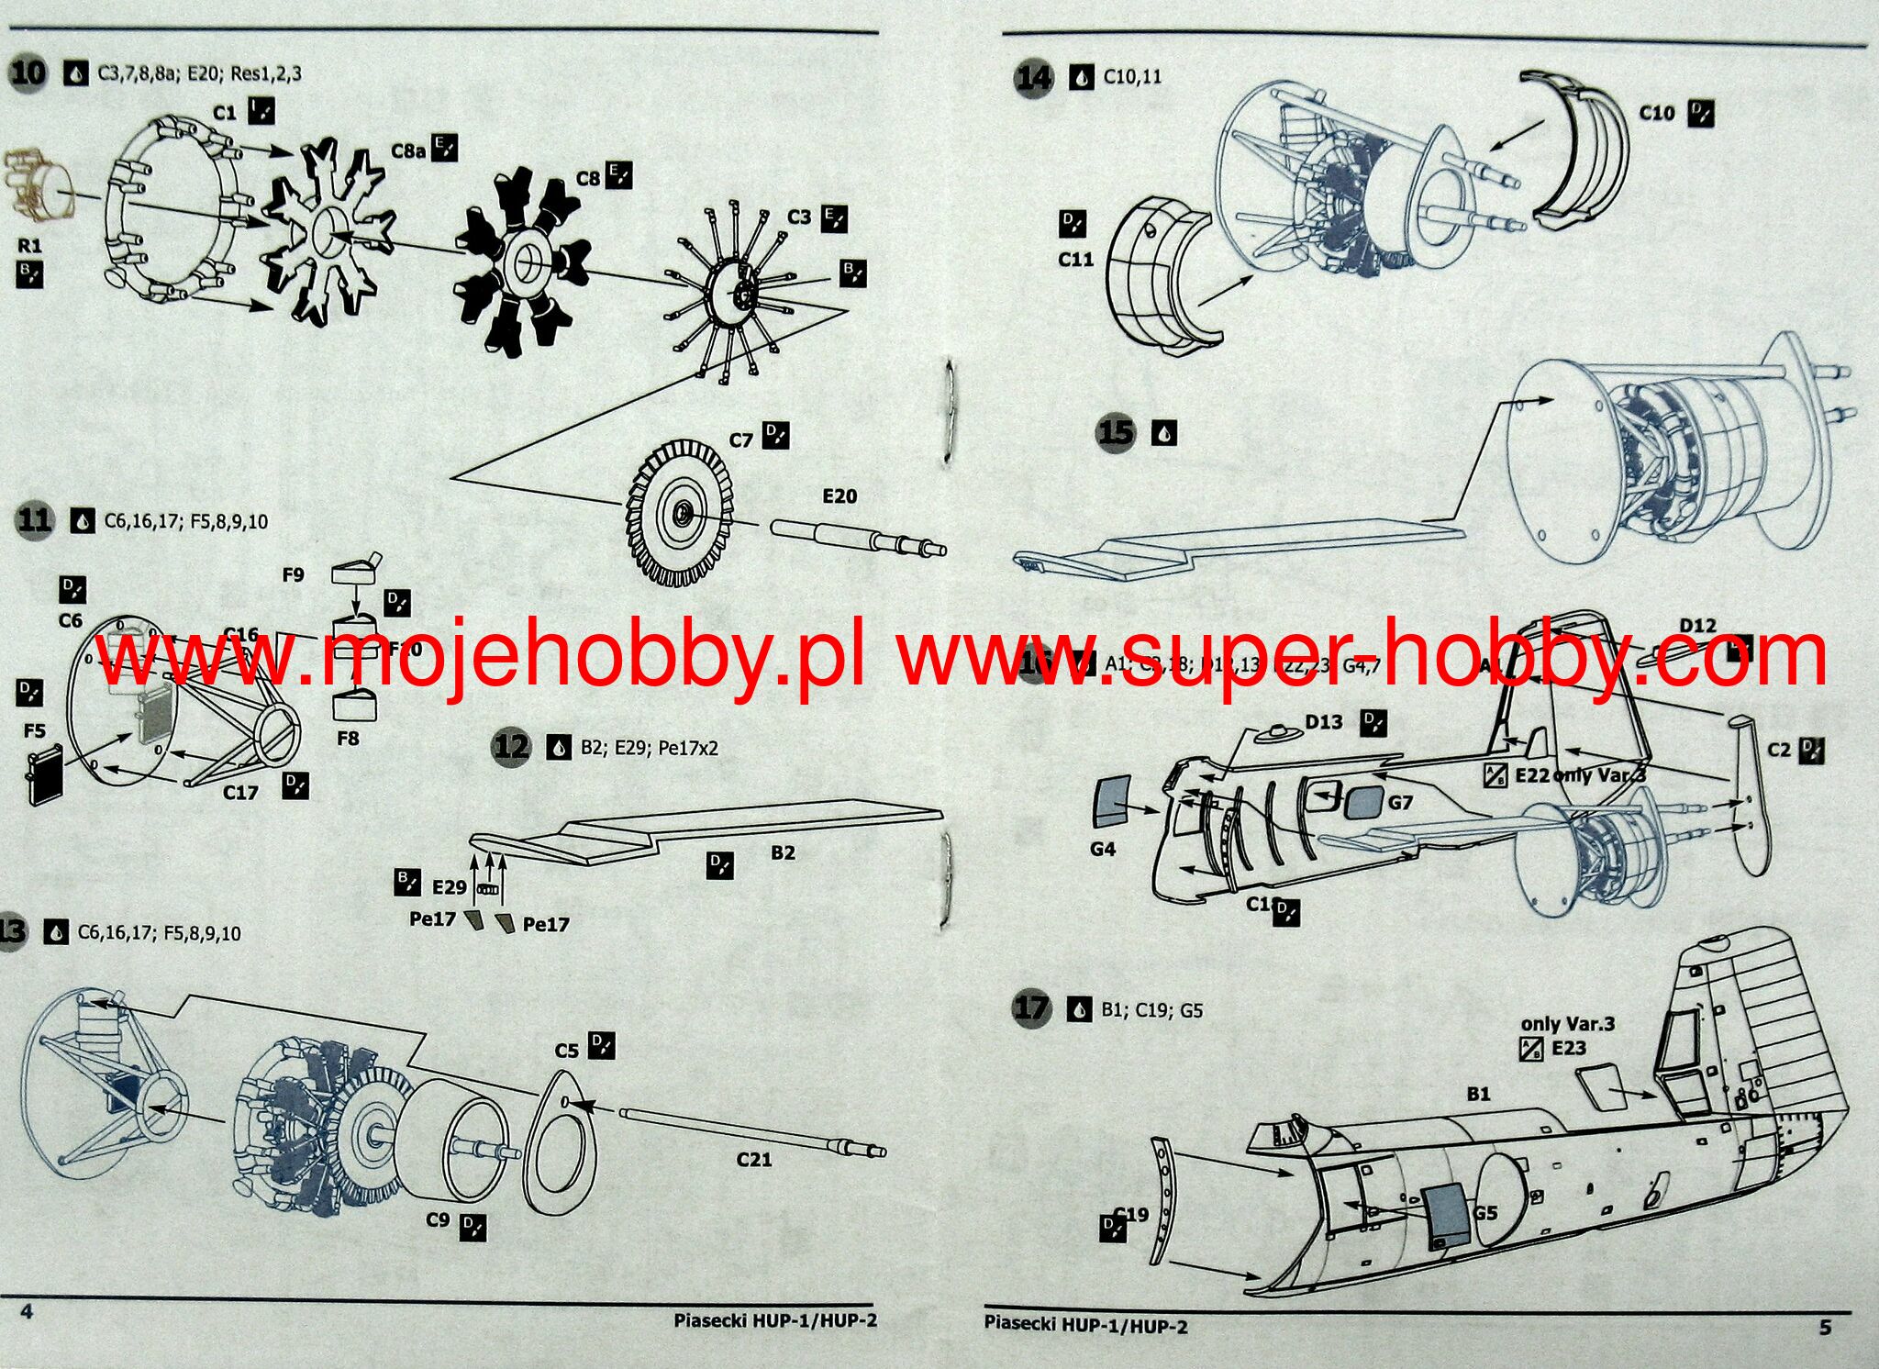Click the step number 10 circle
coord(28,72)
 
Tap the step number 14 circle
coord(1034,77)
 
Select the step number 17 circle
coord(1030,1008)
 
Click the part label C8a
coord(408,150)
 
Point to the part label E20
coord(839,496)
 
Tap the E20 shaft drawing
coord(857,538)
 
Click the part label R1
coord(29,246)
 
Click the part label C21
coord(754,1160)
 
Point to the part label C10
coord(1656,113)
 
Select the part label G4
coord(1103,849)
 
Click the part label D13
coord(1323,722)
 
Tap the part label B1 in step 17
coord(1478,1094)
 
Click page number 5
coord(1825,1327)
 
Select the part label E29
coord(450,887)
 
